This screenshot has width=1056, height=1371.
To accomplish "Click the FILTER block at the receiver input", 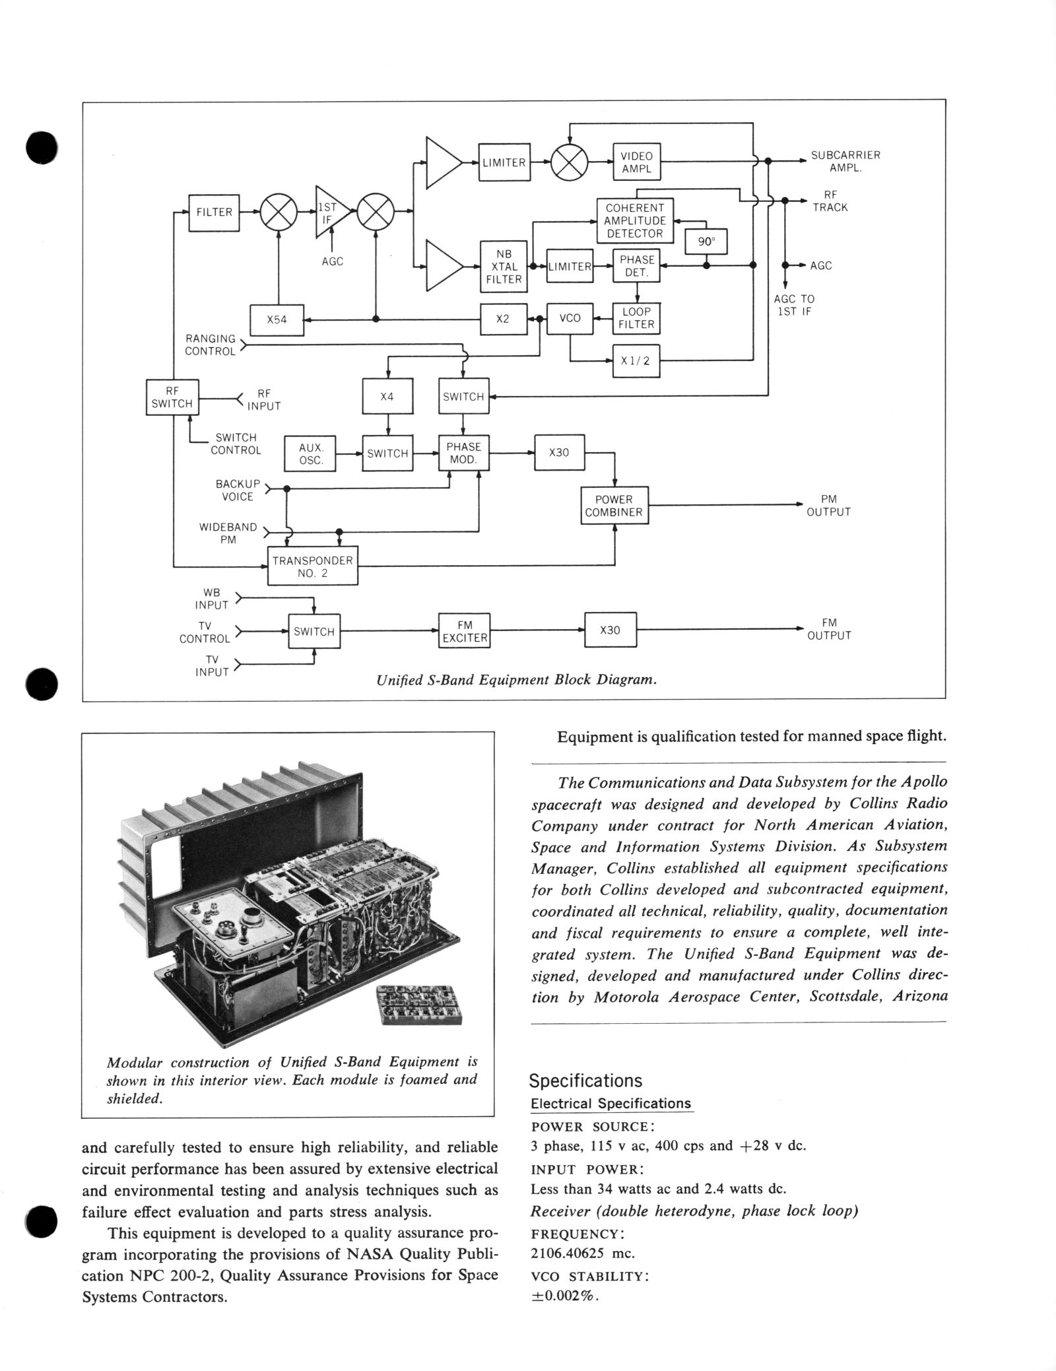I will point(214,213).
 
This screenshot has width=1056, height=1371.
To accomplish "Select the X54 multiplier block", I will point(277,319).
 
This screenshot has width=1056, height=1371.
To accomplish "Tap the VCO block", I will point(570,318).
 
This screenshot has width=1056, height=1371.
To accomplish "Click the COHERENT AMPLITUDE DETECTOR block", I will point(634,220).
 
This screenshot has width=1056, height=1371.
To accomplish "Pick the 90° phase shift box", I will point(706,242).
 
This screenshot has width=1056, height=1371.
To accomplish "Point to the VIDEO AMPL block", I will point(636,162).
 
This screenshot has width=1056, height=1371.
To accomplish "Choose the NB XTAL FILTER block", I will point(504,267).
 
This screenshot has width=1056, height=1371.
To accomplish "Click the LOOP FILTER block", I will point(636,318).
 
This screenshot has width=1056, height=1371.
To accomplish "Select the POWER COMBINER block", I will point(614,506).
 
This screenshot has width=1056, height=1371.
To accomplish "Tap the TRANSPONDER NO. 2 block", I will point(312,566).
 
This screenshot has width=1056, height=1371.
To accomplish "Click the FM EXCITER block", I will point(464,631).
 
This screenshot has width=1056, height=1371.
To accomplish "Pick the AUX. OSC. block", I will point(310,453).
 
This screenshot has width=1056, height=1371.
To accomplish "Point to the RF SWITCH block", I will point(172,397).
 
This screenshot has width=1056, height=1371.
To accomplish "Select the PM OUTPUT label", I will point(828,506).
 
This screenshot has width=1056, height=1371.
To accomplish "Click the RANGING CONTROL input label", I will point(210,345).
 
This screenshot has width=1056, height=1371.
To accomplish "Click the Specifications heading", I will point(585,1081).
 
